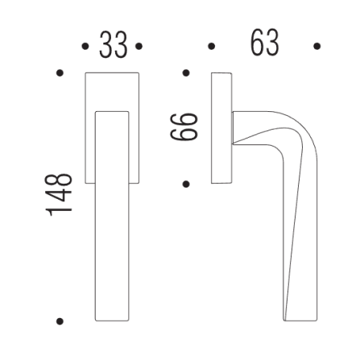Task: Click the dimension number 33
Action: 113,46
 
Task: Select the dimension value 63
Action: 263,44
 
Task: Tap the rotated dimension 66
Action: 187,127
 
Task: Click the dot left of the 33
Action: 86,47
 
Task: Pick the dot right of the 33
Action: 139,47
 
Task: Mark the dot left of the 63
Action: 211,47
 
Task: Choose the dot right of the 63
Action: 317,47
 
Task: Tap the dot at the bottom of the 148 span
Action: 60,322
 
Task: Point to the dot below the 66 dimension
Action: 186,184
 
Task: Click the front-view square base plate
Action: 113,90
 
